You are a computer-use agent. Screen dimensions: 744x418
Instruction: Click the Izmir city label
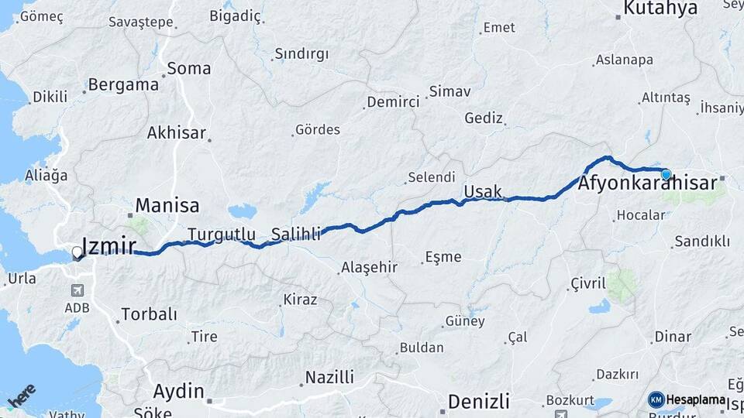click(x=109, y=246)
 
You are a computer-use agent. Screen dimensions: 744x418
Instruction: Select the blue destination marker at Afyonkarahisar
click(x=666, y=173)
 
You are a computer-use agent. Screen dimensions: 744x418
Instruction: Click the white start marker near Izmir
click(x=77, y=252)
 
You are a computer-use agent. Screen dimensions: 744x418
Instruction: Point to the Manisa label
click(x=167, y=206)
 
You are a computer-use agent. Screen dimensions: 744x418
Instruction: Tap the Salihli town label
click(x=296, y=234)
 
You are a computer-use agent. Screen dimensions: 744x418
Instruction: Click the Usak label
click(x=483, y=191)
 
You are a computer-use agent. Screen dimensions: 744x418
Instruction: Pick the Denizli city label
click(x=479, y=402)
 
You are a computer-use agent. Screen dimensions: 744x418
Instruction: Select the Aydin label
click(x=179, y=390)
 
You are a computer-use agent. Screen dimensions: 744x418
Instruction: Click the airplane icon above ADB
click(x=77, y=291)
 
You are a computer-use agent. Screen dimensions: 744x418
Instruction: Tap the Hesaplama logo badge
click(x=687, y=399)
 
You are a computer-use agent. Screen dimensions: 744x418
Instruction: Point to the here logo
click(x=22, y=395)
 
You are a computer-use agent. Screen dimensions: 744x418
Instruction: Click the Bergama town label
click(x=123, y=85)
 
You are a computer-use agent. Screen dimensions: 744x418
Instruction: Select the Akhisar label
click(x=177, y=133)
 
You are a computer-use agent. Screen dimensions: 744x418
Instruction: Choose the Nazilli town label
click(x=329, y=378)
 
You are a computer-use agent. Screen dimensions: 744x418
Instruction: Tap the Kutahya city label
click(x=660, y=9)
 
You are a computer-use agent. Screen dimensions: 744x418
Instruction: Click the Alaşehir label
click(x=370, y=267)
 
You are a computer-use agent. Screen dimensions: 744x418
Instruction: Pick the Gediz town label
click(x=484, y=118)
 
